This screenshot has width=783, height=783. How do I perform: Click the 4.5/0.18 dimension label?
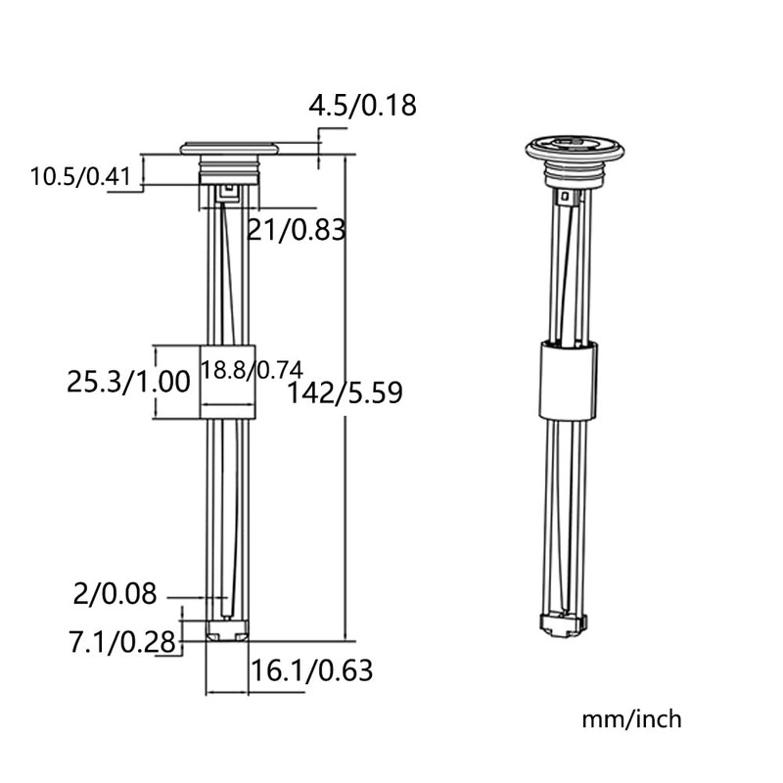pos(362,106)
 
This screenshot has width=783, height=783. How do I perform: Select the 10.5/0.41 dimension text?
pos(80,177)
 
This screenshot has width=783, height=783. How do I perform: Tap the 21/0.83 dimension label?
pos(297,230)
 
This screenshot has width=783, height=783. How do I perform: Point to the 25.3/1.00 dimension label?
pos(129,382)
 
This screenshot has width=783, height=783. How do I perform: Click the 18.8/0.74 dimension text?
pos(252,370)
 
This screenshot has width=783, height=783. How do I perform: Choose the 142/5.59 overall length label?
pos(345,392)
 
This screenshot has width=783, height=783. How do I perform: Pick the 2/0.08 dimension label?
pos(115,594)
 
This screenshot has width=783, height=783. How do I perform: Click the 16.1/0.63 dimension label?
pos(311,670)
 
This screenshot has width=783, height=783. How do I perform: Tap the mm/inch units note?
pos(631,719)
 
